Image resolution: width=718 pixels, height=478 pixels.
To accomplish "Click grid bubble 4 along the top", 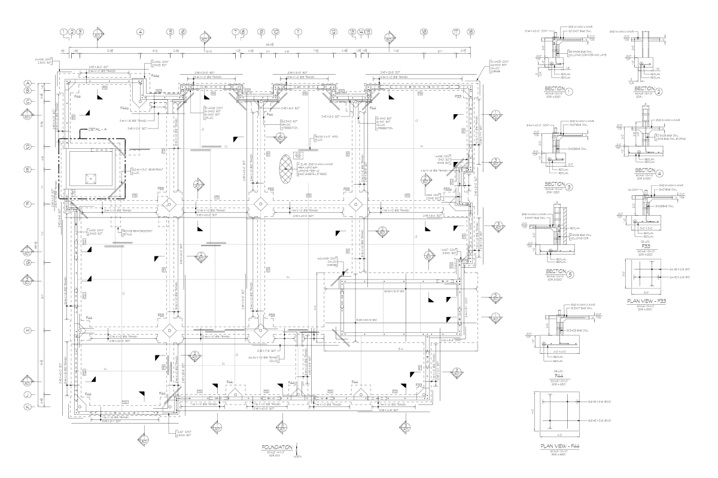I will click(140, 32).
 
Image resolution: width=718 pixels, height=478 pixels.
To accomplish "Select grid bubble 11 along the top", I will click(297, 32).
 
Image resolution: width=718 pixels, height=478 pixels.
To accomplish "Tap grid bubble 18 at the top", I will click(471, 32).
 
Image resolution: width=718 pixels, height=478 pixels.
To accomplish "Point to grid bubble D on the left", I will click(27, 146).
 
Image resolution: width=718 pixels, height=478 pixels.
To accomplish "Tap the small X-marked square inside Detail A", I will click(90, 177).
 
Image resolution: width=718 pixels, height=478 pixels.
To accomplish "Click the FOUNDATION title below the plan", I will click(276, 446).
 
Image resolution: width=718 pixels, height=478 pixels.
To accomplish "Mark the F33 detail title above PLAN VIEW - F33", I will click(645, 244).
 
